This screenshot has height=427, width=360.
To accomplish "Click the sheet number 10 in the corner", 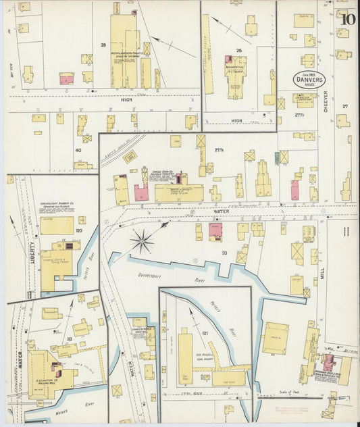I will click(x=348, y=19).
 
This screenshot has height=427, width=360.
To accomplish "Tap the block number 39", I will click(x=103, y=45).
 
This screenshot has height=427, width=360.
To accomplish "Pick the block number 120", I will click(x=79, y=231).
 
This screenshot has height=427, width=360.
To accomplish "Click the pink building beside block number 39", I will click(x=67, y=79).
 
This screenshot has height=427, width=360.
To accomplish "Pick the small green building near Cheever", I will click(x=277, y=157).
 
